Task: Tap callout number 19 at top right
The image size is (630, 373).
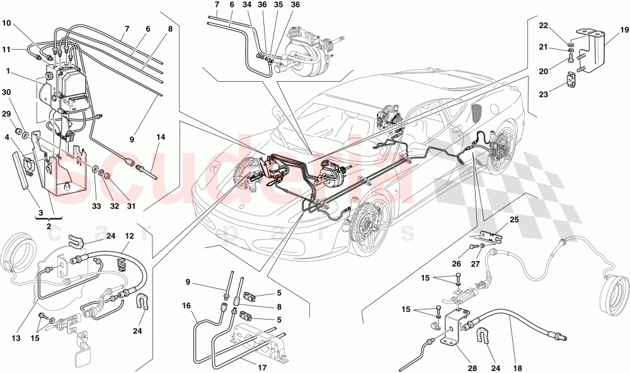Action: pyautogui.click(x=622, y=29)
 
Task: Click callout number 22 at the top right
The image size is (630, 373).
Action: pyautogui.click(x=544, y=25)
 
